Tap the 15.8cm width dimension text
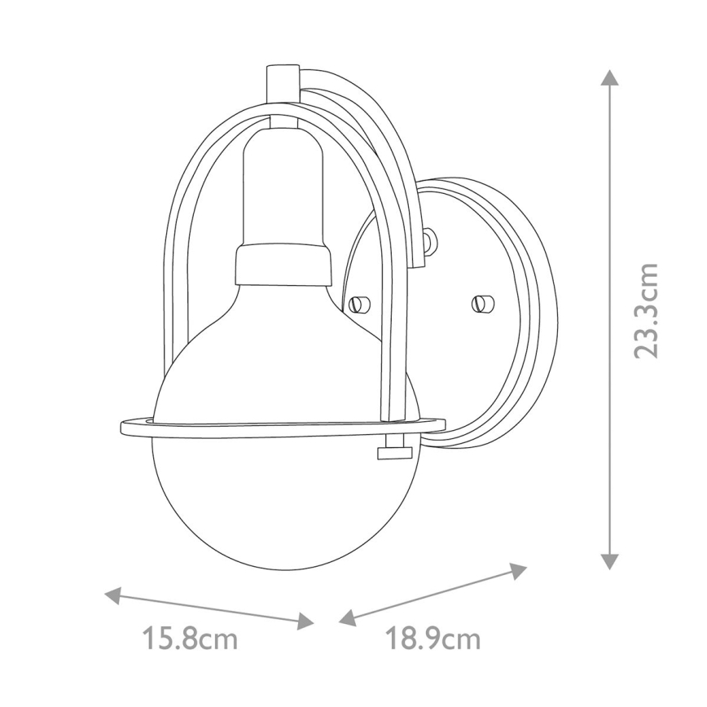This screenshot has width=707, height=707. (x=190, y=639)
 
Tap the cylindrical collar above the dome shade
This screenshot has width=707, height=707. (x=284, y=266)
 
